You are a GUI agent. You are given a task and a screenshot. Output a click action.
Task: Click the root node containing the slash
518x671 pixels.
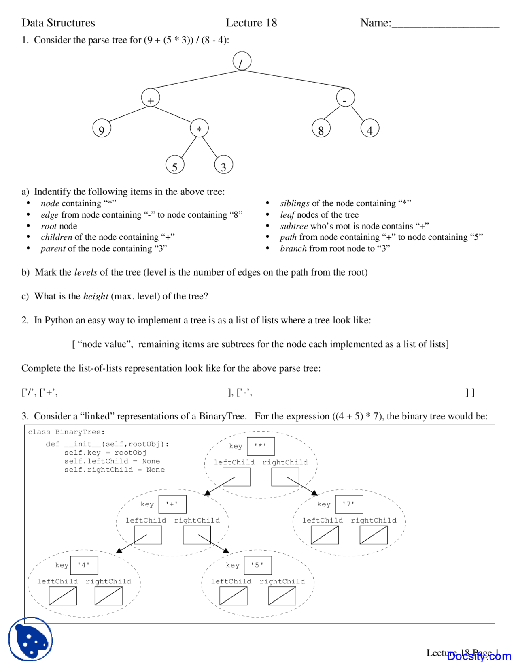pos(242,62)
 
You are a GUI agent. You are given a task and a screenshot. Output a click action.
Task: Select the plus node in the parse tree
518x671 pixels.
pos(151,98)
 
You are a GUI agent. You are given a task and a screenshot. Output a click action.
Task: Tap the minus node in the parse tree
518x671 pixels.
pos(345,98)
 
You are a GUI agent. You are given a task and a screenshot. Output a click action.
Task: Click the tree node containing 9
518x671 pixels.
pos(102,128)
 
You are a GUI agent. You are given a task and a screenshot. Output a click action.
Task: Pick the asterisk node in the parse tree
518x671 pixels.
pos(199,128)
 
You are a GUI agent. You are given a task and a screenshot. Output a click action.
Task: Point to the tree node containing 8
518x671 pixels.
pos(321,129)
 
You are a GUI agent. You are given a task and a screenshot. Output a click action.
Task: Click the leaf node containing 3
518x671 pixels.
pos(223,165)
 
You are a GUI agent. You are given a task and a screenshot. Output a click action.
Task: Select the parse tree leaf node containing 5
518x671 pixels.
pos(175,165)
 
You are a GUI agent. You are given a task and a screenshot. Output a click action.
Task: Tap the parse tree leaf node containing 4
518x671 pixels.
pos(369,128)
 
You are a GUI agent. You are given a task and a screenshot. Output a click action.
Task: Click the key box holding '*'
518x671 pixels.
pos(261,446)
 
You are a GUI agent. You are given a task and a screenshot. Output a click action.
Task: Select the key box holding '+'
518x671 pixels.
pos(172,504)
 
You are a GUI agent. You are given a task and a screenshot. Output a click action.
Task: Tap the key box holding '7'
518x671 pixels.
pos(349,504)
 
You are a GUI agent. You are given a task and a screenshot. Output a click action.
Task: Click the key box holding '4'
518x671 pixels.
pos(84,565)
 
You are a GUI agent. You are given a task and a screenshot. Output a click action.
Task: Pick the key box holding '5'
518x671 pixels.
pos(258,565)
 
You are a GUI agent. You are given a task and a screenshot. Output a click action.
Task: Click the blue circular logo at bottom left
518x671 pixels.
pos(31,639)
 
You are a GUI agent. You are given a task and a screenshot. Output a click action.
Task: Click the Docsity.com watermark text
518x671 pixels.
pos(479,656)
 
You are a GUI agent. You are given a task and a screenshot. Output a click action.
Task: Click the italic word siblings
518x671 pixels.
pos(295,203)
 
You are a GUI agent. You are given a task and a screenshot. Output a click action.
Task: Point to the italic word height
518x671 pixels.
pos(96,296)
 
